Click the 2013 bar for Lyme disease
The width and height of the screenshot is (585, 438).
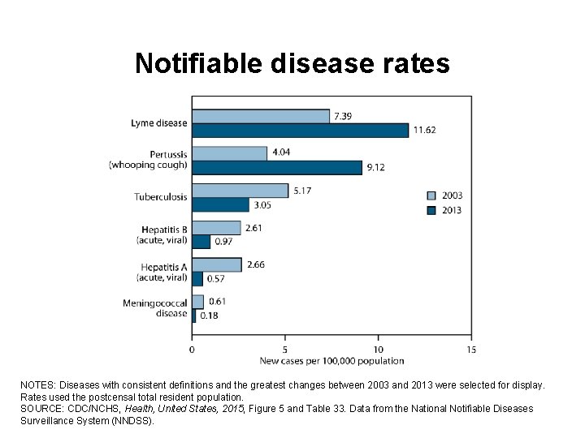point(300,130)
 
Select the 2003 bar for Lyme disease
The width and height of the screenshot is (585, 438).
point(260,116)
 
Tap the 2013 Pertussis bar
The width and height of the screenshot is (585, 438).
point(276,167)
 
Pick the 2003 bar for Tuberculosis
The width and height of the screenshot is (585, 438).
point(240,191)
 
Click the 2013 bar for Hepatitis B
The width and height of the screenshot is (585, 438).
point(201,242)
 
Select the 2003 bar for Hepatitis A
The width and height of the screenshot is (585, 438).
point(216,264)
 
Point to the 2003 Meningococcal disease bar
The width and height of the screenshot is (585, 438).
point(197,302)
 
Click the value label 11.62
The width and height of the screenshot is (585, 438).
point(426,130)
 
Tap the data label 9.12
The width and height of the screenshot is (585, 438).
point(377,167)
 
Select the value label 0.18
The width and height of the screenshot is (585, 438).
point(209,316)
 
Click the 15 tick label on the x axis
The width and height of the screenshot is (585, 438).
point(471,350)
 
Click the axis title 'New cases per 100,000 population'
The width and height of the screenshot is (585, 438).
point(331,360)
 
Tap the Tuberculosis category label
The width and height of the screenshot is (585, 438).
point(161,197)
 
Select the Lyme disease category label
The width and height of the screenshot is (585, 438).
point(159,123)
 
